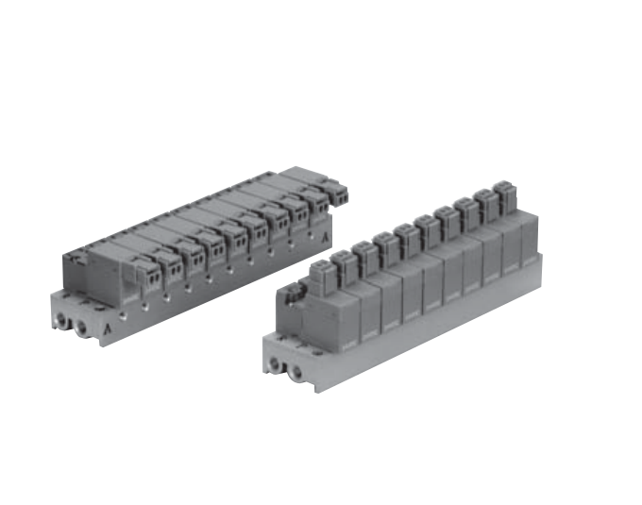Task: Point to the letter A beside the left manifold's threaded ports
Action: [x=111, y=329]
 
